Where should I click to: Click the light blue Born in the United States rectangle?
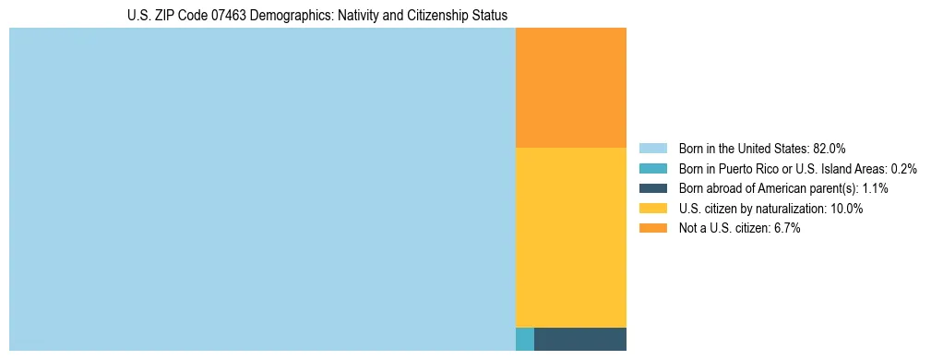point(262,189)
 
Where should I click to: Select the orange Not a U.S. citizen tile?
point(570,88)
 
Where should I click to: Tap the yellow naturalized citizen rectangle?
point(570,237)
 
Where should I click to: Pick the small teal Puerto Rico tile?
point(524,339)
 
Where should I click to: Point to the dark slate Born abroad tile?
point(579,339)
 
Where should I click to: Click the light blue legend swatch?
point(653,149)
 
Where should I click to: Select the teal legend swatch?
point(653,169)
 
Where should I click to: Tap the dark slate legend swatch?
point(653,188)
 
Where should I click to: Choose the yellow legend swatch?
point(653,209)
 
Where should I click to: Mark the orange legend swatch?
point(653,228)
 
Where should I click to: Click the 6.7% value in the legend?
point(787,228)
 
